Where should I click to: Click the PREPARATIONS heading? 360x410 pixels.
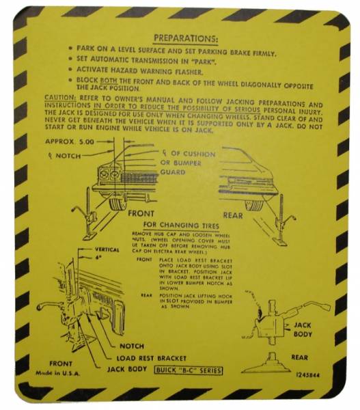(x=186, y=38)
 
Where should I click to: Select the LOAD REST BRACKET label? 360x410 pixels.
(x=152, y=357)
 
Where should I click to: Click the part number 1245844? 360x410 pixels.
(x=307, y=373)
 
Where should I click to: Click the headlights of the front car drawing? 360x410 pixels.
(x=109, y=174)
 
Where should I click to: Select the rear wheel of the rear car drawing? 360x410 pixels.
(x=253, y=203)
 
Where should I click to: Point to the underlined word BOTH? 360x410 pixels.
(x=114, y=80)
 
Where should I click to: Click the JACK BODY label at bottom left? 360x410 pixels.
(x=128, y=369)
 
